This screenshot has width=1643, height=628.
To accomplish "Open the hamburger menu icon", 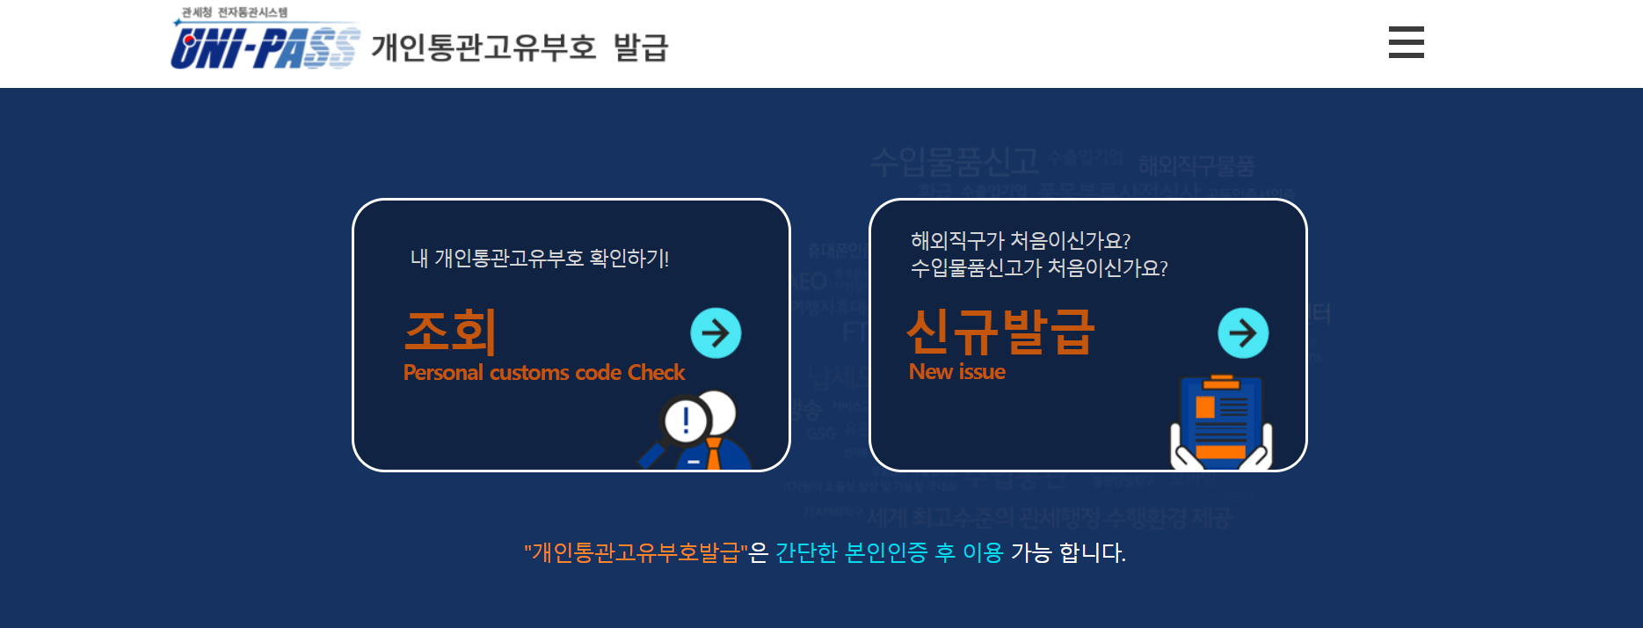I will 1406,42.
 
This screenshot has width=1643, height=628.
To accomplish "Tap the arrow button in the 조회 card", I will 716,333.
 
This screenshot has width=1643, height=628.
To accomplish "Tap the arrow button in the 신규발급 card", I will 1242,333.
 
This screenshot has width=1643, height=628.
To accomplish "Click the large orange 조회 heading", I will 451,332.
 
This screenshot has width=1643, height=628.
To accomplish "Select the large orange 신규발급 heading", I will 1000,332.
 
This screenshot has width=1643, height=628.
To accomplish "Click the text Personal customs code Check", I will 543,373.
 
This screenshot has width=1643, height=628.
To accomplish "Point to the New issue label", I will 956,372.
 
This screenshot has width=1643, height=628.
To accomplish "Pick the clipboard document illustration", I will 1221,422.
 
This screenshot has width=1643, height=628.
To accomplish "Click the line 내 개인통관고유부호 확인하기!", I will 540,259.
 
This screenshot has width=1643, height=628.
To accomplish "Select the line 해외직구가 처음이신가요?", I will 1020,241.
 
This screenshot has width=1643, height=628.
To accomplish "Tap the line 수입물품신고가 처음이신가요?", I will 1039,268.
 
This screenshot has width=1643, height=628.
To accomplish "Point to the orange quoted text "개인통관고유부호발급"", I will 636,552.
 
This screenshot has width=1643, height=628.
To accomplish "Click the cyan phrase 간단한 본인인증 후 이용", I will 889,552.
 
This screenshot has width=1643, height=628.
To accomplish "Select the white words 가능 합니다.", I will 1068,552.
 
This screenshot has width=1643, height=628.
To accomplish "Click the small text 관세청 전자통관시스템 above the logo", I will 235,12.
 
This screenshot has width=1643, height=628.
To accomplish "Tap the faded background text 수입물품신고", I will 955,162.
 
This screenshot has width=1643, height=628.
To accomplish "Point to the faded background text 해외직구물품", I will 1196,165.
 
